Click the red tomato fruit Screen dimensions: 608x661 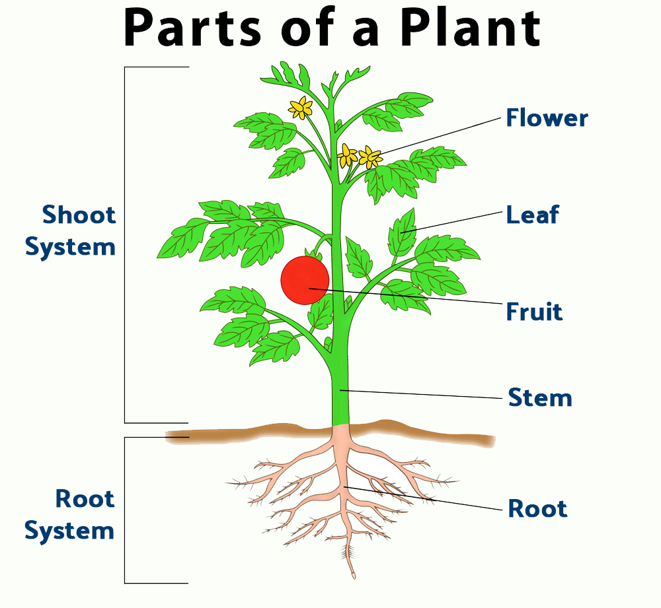(x=305, y=281)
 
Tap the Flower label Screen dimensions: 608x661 (x=547, y=118)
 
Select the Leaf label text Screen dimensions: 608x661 (x=532, y=215)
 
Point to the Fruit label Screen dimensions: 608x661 (x=534, y=311)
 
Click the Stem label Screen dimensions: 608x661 (x=539, y=398)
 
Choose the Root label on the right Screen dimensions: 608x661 (x=537, y=508)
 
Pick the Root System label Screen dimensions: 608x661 (x=70, y=514)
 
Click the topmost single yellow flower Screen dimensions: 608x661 (x=301, y=107)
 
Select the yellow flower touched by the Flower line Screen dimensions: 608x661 (x=369, y=157)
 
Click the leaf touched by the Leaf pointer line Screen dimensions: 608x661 (x=403, y=232)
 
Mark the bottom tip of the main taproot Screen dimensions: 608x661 (x=352, y=576)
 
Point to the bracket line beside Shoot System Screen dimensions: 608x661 (x=125, y=244)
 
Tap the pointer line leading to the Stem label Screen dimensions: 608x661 (x=423, y=395)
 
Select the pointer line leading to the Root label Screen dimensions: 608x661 (x=423, y=500)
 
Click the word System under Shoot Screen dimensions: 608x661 (x=70, y=248)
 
